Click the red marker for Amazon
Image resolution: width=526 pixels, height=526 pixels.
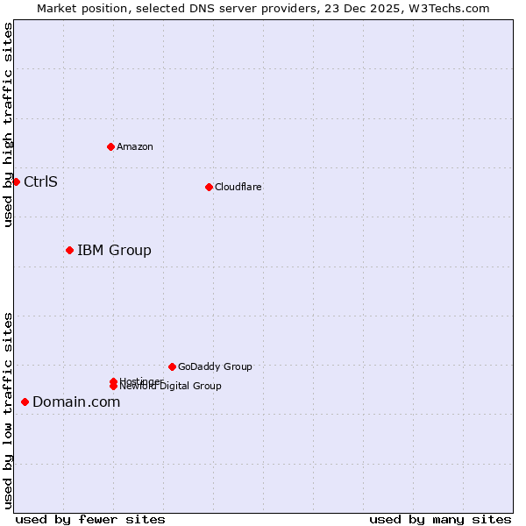coord(110,146)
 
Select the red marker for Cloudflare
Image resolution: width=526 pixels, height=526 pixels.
coord(209,187)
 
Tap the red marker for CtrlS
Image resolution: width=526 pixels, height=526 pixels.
coord(16,181)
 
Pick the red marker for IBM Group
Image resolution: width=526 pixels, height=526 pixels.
coord(69,250)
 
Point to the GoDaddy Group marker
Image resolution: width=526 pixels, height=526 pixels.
coord(172,366)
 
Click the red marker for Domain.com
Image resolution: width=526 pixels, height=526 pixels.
coord(25,402)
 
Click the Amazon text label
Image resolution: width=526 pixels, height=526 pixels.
coord(134,146)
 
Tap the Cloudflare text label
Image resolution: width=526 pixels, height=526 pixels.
coord(238,187)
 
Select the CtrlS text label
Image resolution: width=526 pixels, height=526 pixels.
coord(40,181)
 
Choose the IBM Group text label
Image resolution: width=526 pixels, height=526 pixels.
coord(114,250)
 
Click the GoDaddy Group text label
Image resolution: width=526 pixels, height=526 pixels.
coord(215,366)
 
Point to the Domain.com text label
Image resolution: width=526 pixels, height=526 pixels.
coord(76,402)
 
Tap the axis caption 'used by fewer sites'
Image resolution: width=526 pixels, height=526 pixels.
coord(90,519)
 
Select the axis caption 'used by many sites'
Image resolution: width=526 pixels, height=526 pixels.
coord(440,519)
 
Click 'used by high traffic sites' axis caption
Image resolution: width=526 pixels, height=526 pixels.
coord(8,124)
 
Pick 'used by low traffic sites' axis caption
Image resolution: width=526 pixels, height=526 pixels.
coord(8,409)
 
